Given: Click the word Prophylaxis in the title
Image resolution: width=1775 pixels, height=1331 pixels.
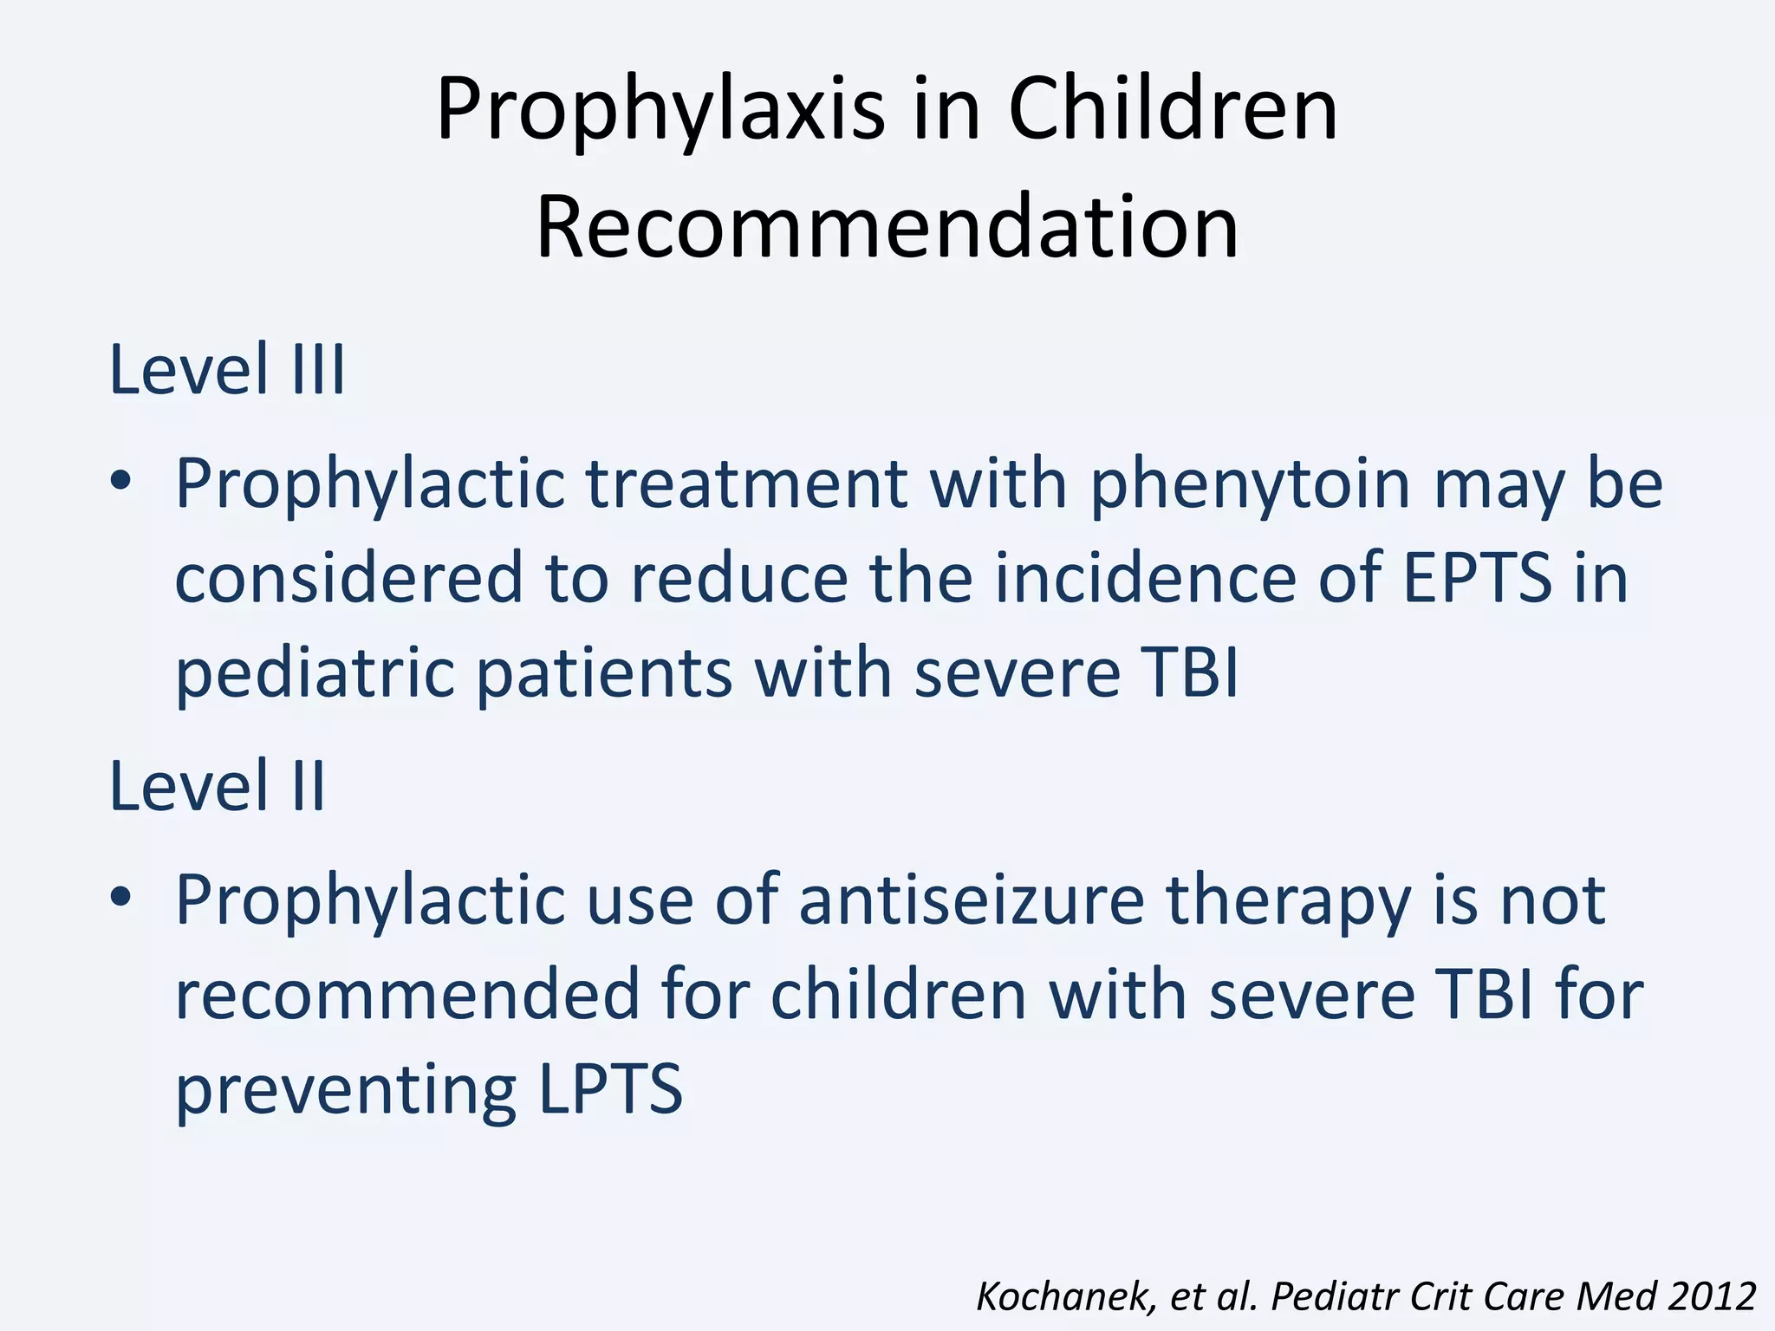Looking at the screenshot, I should click(x=660, y=111).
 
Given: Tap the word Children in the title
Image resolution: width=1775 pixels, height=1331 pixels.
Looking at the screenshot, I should click(x=1173, y=109).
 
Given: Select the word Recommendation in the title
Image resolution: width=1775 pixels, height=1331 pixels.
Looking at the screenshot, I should click(x=887, y=228).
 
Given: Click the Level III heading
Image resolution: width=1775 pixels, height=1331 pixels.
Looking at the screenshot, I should click(x=227, y=371).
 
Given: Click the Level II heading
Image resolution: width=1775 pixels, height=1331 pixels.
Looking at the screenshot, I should click(x=217, y=787).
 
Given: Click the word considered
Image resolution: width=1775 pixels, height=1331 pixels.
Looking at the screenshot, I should click(x=348, y=578).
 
